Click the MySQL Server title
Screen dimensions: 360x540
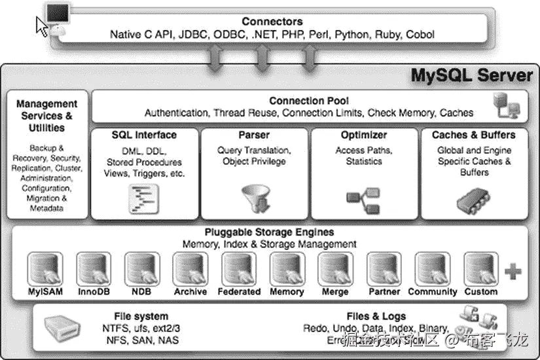[x=471, y=75]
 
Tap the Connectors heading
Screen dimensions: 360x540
[x=272, y=22]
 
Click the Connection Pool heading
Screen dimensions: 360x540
[x=308, y=101]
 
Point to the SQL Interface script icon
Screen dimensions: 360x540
[x=145, y=198]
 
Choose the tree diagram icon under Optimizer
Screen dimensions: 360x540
[x=363, y=198]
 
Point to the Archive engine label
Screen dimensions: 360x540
[x=190, y=291]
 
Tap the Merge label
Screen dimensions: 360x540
[x=335, y=291]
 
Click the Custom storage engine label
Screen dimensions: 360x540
[x=480, y=291]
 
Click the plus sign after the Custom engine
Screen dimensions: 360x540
[x=514, y=272]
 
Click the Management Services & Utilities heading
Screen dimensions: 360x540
[x=46, y=115]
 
